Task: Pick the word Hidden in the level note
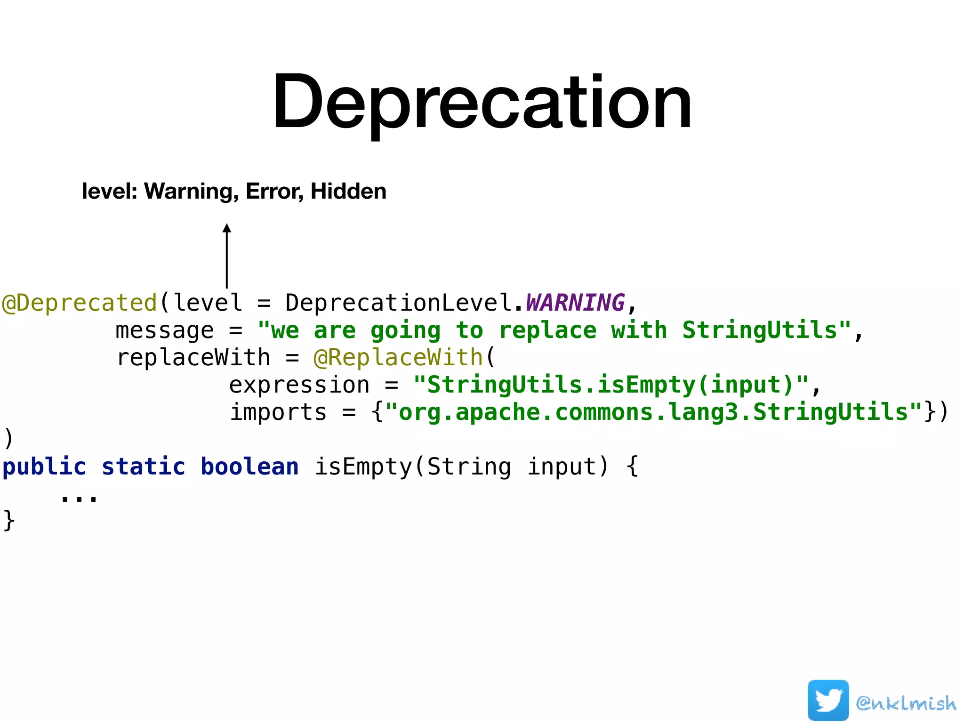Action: coord(348,192)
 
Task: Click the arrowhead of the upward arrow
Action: coord(227,228)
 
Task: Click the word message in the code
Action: coord(165,330)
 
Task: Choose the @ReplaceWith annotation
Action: coord(398,358)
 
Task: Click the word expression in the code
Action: coord(299,385)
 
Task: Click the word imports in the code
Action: coord(278,412)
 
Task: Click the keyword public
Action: coord(45,467)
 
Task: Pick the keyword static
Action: coord(144,467)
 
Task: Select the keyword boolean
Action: coord(250,467)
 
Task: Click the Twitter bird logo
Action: coord(828,700)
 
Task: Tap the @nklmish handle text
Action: coord(906,703)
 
